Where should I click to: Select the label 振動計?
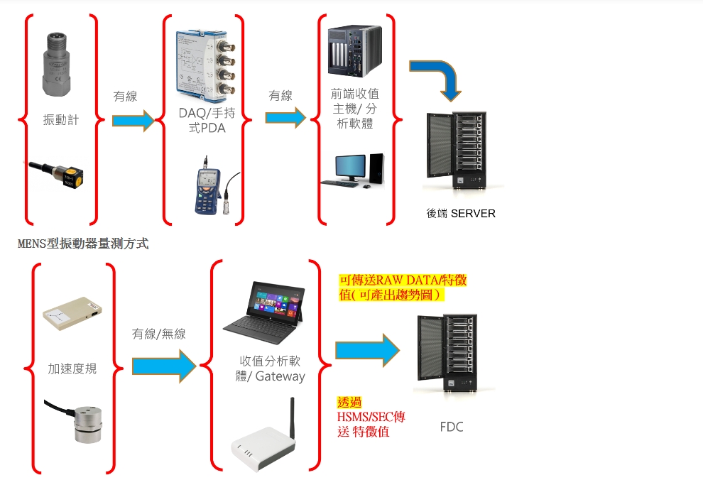(61, 119)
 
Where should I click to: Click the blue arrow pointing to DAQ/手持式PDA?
(133, 120)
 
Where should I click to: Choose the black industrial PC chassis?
(354, 50)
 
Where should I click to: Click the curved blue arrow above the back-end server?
(437, 77)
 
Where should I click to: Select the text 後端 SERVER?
(461, 213)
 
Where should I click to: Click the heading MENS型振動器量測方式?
(83, 244)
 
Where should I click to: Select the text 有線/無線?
(159, 333)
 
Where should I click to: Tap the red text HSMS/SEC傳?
(371, 417)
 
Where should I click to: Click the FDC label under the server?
(452, 427)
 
